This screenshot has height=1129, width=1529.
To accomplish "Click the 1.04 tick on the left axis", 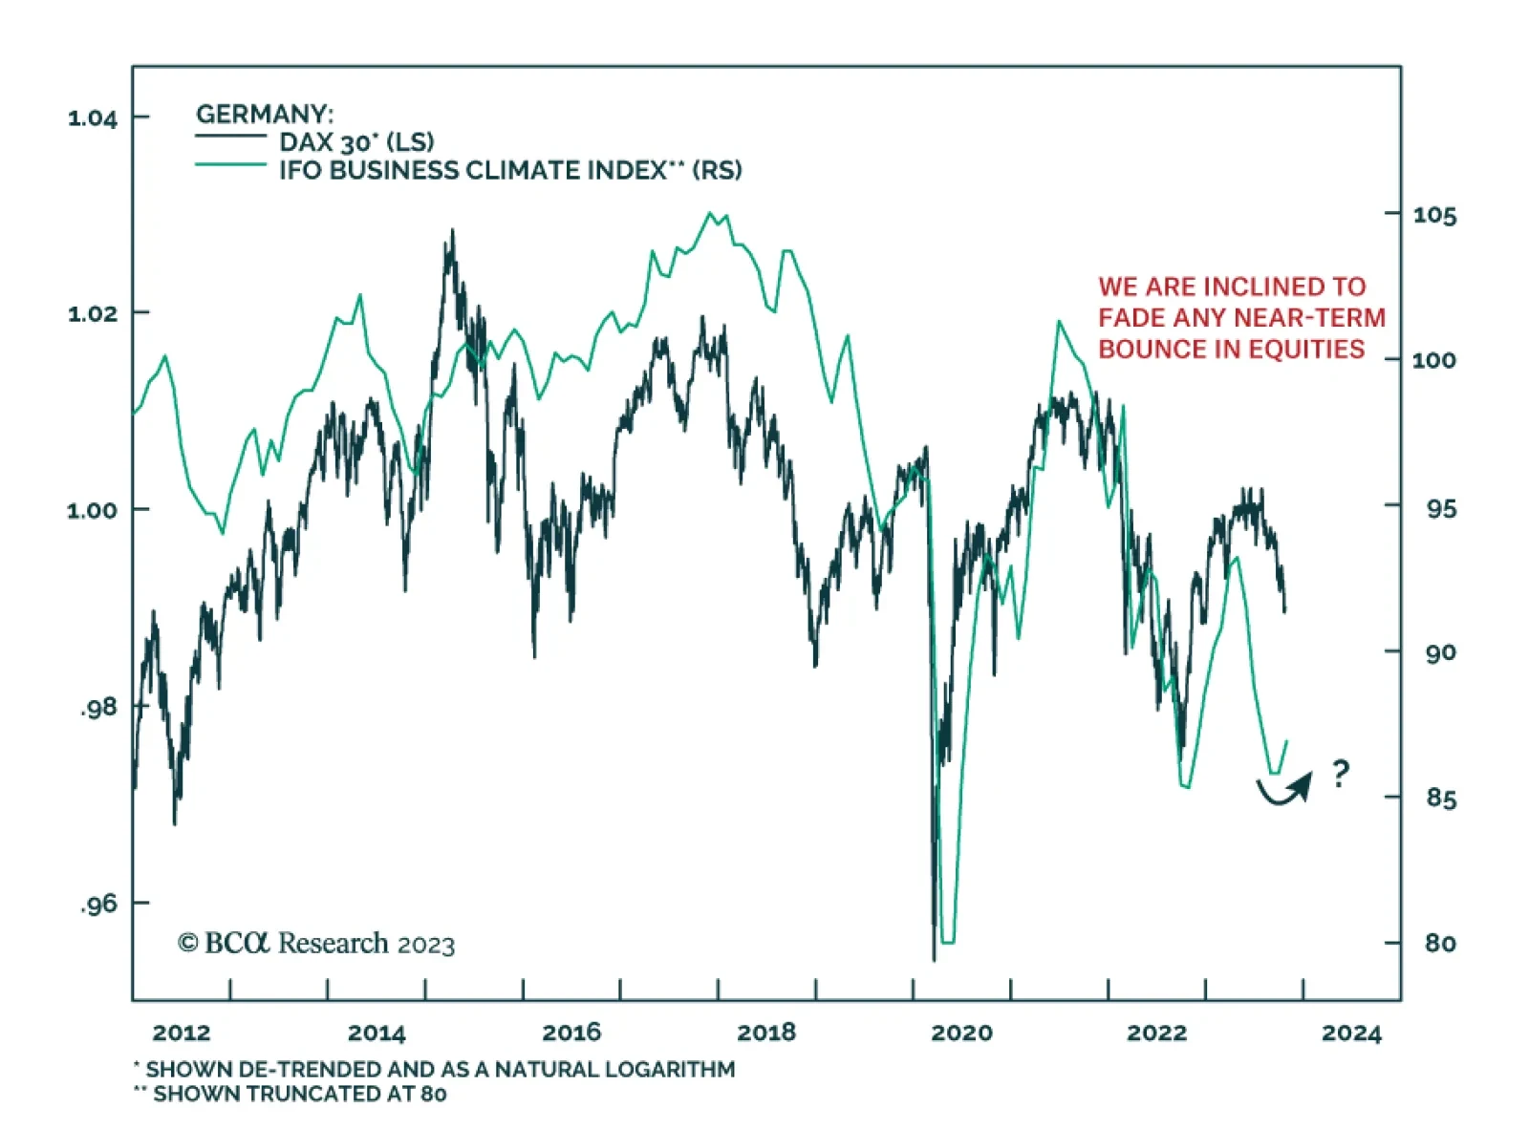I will coord(93,117).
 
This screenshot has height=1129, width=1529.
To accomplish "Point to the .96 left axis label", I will coord(98,904).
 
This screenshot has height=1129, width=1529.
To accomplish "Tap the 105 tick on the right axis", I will coord(1434,215).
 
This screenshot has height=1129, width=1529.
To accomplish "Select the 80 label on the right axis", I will coord(1440,943).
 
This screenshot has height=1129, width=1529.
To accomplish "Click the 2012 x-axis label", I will coord(181,1033).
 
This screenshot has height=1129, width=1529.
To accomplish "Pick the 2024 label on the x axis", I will coord(1351,1033).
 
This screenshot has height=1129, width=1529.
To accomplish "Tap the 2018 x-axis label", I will coord(766,1033).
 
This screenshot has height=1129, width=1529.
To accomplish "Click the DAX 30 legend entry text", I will coord(356,142).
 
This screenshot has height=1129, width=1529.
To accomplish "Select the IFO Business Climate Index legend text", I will coord(510,170).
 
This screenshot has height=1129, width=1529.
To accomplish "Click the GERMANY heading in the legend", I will coord(265,115).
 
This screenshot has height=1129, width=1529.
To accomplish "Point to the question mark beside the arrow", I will coord(1341,772).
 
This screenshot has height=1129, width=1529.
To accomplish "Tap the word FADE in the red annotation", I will coord(1131,317).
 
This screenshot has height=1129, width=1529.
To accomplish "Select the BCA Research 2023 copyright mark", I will coord(316,944).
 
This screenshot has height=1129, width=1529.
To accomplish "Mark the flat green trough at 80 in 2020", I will coord(947,942).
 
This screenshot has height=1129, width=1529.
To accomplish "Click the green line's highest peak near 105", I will coord(710,213).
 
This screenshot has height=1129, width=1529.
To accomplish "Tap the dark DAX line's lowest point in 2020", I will coord(934,958).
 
